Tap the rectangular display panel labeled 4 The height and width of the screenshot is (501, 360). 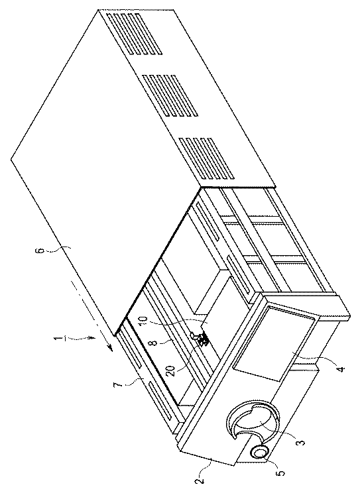click(x=276, y=343)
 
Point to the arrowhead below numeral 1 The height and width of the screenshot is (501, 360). click(x=91, y=338)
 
